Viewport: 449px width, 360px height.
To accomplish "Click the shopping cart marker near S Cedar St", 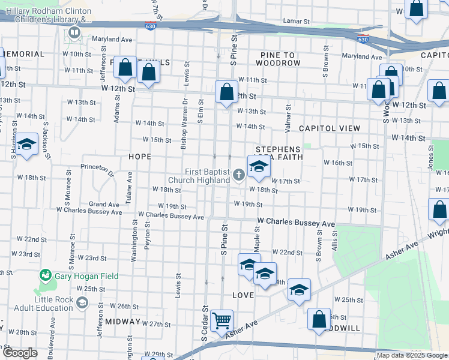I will pyautogui.click(x=221, y=320).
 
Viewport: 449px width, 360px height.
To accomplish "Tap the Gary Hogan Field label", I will pyautogui.click(x=86, y=276).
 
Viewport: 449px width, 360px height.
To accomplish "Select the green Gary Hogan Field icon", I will pyautogui.click(x=45, y=276).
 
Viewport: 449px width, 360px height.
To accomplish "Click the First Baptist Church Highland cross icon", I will pyautogui.click(x=239, y=175).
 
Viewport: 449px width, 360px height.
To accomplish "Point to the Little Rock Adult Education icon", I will pyautogui.click(x=81, y=303).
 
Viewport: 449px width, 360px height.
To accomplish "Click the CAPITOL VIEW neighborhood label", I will pyautogui.click(x=329, y=128).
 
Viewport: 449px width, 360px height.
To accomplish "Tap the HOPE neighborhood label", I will pyautogui.click(x=139, y=156).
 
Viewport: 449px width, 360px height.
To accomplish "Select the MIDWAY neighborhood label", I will pyautogui.click(x=122, y=322).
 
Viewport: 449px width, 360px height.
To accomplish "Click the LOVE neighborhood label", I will pyautogui.click(x=243, y=295).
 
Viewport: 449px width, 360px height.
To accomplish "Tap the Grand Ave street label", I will pyautogui.click(x=104, y=204).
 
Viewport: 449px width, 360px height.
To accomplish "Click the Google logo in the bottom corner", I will pyautogui.click(x=20, y=353).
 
